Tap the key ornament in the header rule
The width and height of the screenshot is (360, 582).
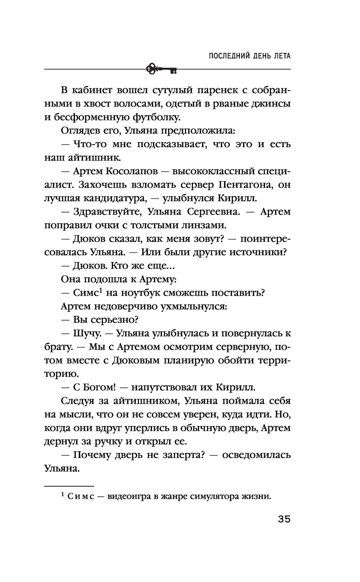162,68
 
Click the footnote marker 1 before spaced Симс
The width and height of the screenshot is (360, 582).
63,495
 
